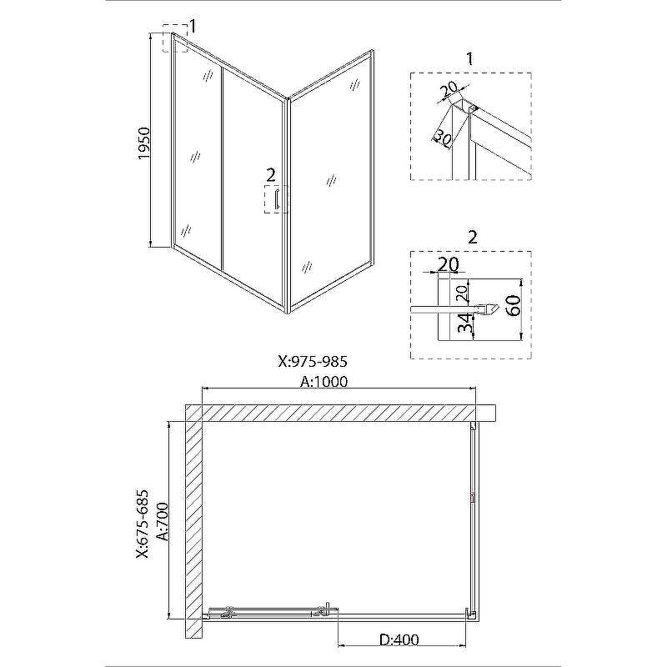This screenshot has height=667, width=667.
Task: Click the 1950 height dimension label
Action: (x=144, y=143)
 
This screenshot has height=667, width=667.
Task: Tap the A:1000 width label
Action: (x=323, y=382)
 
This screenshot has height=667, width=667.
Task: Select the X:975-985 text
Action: (x=313, y=361)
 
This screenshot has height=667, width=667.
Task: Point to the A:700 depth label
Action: (x=163, y=522)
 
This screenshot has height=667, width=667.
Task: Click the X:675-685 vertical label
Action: (x=143, y=524)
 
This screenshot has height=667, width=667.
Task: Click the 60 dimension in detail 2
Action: (x=514, y=305)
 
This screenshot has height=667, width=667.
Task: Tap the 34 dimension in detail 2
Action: (x=466, y=323)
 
